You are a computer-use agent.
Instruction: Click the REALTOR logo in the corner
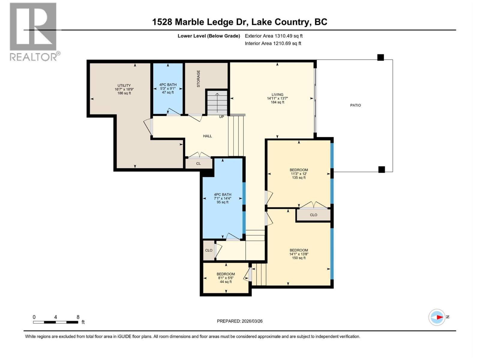coord(33,31)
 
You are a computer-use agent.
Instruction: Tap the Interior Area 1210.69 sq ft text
coord(287,43)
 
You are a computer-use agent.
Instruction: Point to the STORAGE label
coord(198,79)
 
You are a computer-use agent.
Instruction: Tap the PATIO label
coord(355,105)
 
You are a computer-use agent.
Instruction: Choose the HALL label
coord(207,136)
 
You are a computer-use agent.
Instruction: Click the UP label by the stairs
coord(221,117)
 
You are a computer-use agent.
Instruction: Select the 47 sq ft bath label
coord(168,88)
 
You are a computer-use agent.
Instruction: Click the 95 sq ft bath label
coord(223,198)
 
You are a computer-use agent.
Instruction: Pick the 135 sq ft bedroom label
coord(299,174)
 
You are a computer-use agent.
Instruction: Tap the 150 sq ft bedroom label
coord(299,254)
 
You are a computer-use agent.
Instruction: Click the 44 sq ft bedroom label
coord(226,278)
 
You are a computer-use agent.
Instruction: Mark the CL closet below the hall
coord(198,163)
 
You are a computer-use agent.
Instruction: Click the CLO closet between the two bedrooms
coord(313,215)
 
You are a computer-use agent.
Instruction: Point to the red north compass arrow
coord(439,317)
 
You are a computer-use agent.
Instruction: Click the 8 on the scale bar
coord(78,317)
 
